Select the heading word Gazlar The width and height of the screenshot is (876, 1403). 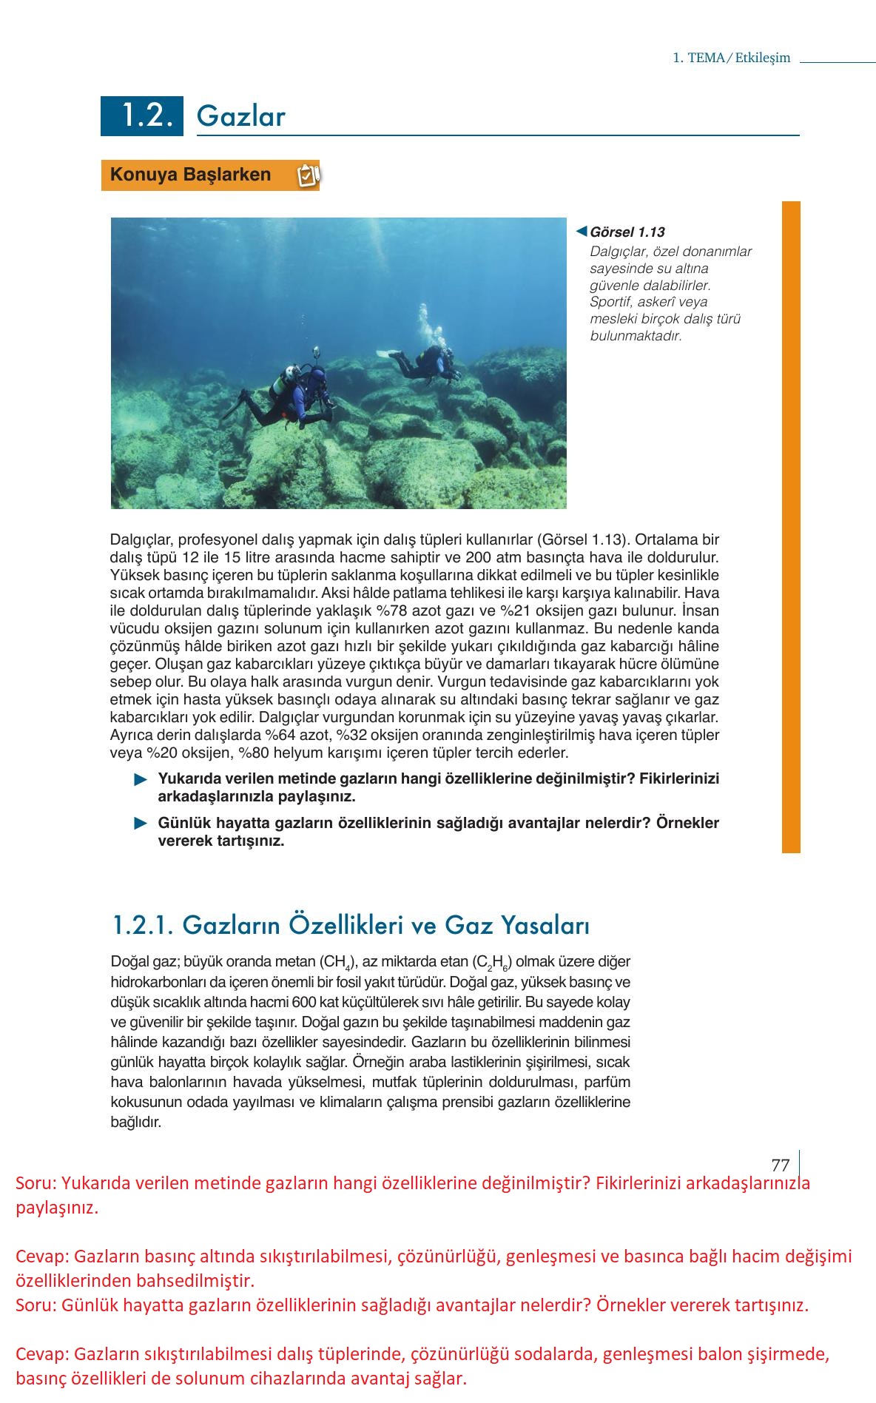coord(241,117)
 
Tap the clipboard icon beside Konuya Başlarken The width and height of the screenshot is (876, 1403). coord(307,175)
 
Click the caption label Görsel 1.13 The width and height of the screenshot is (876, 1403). coord(627,232)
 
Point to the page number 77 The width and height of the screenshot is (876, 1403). coord(781,1165)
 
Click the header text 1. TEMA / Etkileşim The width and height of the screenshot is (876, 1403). coord(731,58)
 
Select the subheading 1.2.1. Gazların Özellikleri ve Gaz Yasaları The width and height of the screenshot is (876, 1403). coord(351,925)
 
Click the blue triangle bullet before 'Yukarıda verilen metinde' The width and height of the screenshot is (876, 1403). coord(141,780)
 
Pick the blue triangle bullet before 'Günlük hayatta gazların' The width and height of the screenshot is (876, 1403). coord(141,824)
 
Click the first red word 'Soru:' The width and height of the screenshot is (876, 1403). coord(35,1183)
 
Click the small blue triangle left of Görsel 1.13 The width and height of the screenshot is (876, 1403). coord(582,232)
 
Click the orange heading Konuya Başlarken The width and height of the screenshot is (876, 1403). coord(190,175)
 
